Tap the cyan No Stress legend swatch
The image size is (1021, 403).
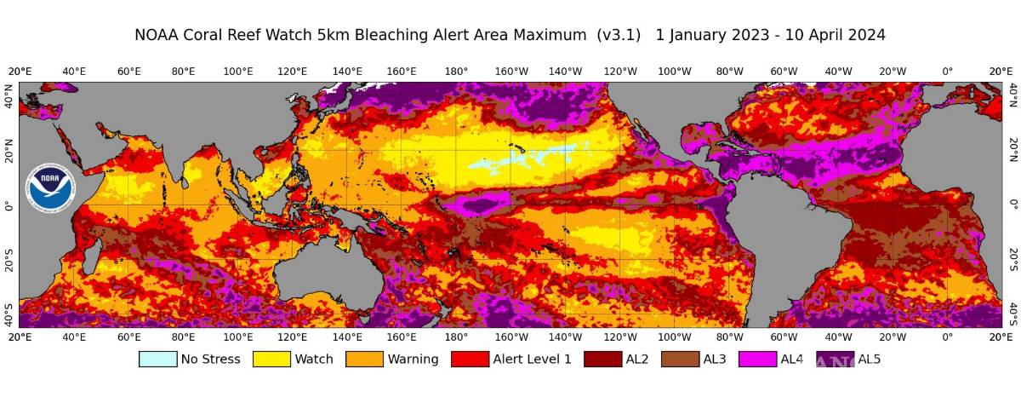coord(158,360)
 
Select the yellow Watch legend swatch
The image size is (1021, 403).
coord(271,360)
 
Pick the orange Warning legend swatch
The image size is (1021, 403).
coord(364,360)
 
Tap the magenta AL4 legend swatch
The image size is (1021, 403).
coord(757,360)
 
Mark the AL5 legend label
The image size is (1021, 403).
coord(868,360)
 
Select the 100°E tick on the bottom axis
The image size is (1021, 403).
coord(238,337)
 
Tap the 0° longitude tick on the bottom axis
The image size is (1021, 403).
coord(947,337)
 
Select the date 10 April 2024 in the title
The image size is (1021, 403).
coord(829,35)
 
